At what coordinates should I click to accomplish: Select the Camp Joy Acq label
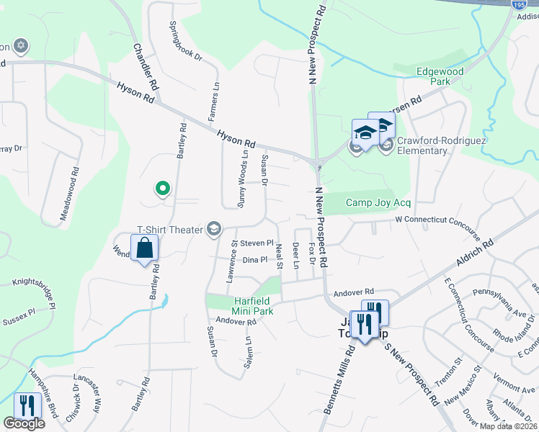378,203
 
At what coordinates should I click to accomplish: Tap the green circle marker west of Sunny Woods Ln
163,189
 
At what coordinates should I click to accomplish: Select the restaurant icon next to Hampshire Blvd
27,406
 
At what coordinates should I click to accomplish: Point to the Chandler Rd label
146,66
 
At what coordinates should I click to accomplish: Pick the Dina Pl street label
255,260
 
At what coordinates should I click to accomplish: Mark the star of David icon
21,46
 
